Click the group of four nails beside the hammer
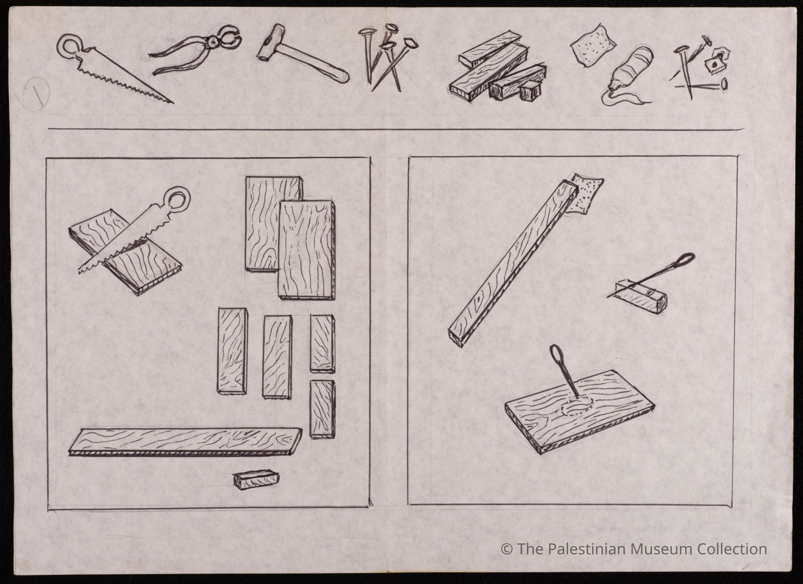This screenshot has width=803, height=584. (388, 57)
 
